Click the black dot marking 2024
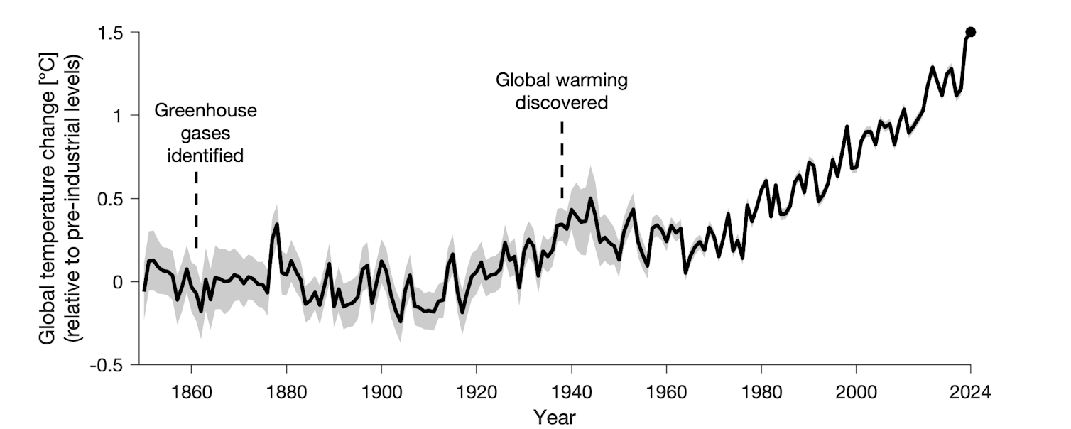tap(970, 32)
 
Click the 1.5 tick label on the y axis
tap(115, 33)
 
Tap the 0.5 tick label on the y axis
tap(115, 199)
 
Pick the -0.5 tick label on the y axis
tap(112, 364)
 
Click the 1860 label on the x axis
tap(191, 391)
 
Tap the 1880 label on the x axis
tap(286, 391)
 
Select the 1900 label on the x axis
tap(381, 391)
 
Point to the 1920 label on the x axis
tap(477, 391)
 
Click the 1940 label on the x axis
tap(572, 391)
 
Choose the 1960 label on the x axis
tap(666, 391)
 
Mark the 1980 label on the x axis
tap(761, 391)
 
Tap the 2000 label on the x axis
tap(857, 391)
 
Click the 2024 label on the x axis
tap(970, 391)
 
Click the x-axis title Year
tap(555, 416)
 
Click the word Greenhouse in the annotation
tap(205, 112)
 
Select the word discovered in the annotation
tap(562, 103)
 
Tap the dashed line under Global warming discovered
tap(562, 161)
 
